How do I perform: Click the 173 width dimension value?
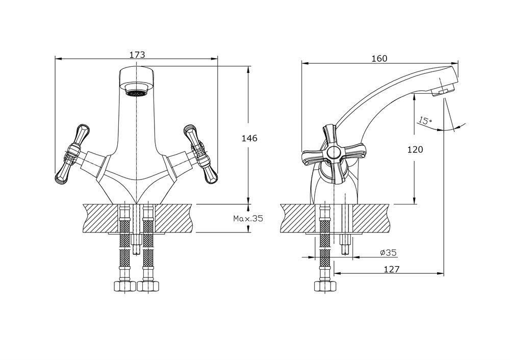coord(137,55)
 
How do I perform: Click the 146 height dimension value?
coord(249,138)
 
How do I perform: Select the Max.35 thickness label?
coord(248,219)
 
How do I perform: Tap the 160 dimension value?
coord(379,59)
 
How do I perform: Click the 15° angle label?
coord(424,121)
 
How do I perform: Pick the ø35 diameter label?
coord(388,252)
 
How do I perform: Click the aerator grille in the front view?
coord(136,93)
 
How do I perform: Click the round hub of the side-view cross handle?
coord(334,152)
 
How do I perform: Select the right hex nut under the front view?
coord(148,286)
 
